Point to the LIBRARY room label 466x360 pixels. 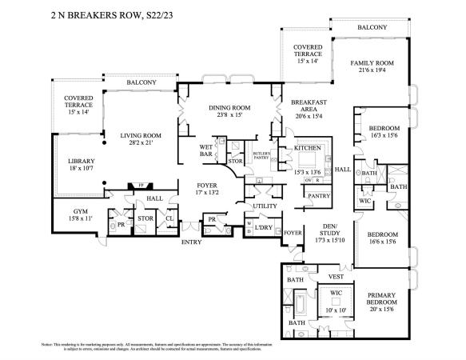[x=81, y=161]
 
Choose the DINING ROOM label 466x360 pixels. [x=230, y=108]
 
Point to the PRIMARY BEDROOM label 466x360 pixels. [x=382, y=298]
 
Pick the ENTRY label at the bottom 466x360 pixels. [x=192, y=242]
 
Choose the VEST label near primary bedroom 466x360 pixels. [x=337, y=276]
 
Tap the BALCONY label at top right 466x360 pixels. [x=372, y=27]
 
